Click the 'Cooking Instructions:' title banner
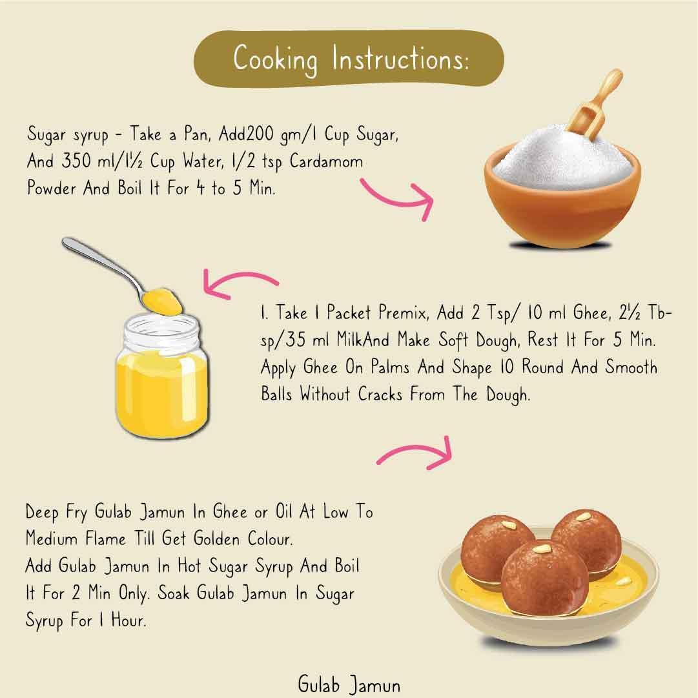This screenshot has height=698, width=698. tap(349, 58)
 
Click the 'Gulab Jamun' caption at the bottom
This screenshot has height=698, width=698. tap(349, 684)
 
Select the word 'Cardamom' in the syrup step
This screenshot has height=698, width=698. tap(326, 161)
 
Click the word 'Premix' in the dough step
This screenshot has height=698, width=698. tap(404, 313)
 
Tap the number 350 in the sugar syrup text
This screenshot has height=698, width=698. tap(76, 161)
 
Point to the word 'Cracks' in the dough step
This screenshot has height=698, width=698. tap(380, 394)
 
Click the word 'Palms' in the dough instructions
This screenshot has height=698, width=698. tap(390, 367)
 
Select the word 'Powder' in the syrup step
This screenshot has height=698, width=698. tap(51, 188)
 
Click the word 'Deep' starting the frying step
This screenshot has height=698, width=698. tap(42, 512)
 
